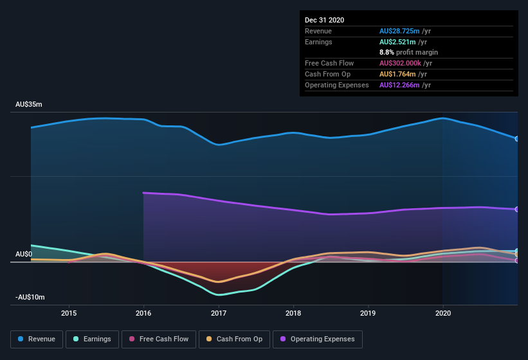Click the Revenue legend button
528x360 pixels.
point(37,339)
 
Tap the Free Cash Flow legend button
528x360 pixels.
point(158,339)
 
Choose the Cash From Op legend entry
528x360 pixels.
point(233,339)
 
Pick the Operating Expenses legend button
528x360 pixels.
point(318,339)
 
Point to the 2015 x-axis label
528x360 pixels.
point(69,313)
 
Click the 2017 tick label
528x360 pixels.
point(219,313)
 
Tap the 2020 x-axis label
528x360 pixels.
point(443,313)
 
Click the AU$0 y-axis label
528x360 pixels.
point(24,254)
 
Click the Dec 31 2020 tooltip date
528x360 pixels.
point(324,20)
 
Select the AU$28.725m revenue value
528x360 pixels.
point(399,31)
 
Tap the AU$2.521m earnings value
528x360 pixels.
point(397,42)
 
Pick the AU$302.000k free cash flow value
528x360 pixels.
point(401,63)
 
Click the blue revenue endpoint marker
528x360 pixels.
point(516,138)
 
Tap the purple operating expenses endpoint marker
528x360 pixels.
point(516,210)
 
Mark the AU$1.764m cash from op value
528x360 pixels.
point(397,74)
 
